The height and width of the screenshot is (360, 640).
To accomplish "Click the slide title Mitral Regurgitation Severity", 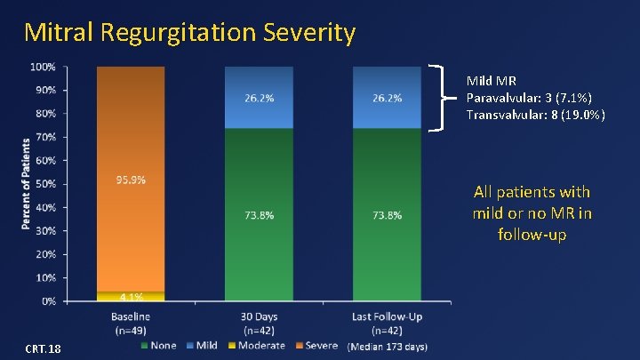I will pos(190,33).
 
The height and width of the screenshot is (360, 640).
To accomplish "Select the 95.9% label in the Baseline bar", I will pos(132,180).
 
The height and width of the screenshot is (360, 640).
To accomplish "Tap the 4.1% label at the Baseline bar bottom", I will pos(132,297).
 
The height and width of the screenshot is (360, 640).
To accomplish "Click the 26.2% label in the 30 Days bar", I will pos(260,98).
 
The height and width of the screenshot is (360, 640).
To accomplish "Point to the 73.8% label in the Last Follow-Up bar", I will pos(387,215).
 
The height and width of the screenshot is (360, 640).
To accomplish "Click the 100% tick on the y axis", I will pos(44,67).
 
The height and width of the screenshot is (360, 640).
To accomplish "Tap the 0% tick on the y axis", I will pos(48,301).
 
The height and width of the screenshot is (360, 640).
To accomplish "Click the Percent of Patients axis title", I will pos(27,183).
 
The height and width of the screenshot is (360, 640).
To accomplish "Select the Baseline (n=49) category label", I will pos(131,323).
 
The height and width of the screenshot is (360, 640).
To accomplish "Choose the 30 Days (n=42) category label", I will pos(260,323).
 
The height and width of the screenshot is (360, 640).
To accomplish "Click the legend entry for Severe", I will pos(316,345).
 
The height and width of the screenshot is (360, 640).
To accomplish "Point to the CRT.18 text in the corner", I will pos(43,348).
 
